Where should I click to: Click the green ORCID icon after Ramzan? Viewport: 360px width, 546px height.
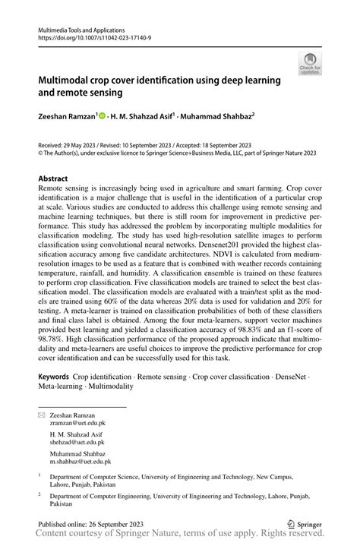click(x=102, y=116)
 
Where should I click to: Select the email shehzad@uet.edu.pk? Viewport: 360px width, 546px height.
click(x=77, y=441)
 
